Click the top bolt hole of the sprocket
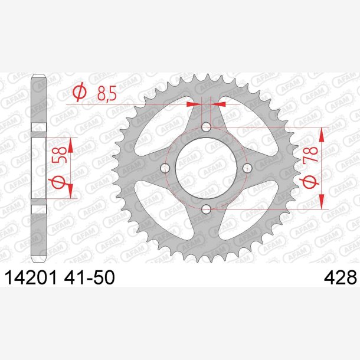tap(206, 127)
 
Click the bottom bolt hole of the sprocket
tap(206, 209)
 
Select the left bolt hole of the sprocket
tap(165, 168)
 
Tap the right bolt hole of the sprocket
tap(247, 168)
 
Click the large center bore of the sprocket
tap(206, 168)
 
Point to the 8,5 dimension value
tap(107, 94)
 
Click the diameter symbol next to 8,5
tap(80, 93)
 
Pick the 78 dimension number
tap(310, 154)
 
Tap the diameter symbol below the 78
tap(310, 181)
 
